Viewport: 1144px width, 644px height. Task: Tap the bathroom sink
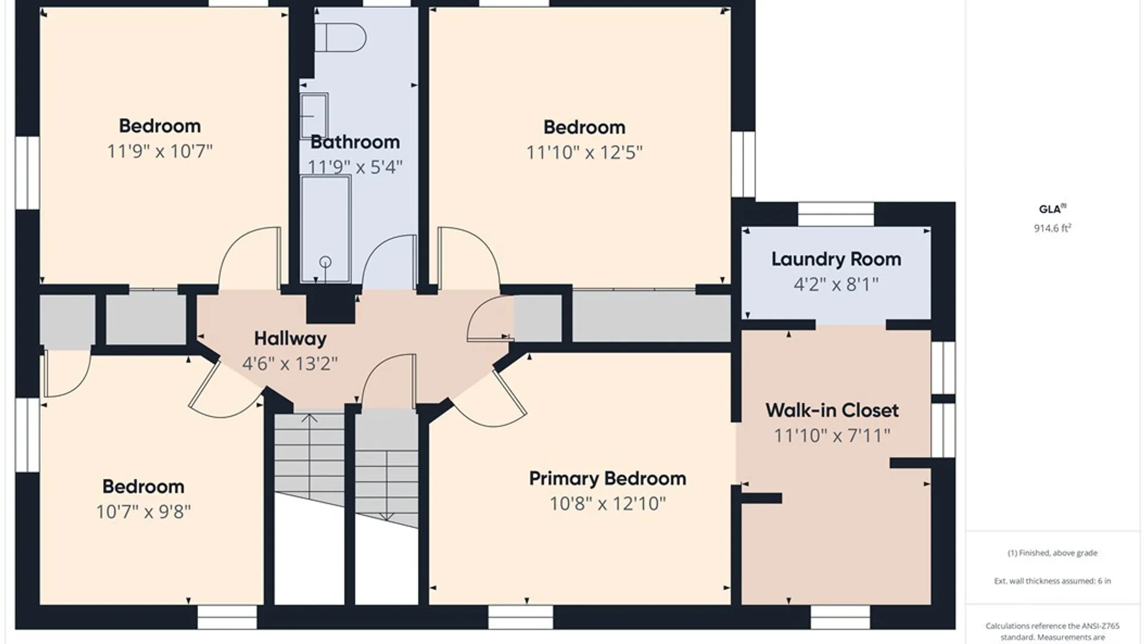coord(314,116)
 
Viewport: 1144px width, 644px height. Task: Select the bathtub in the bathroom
coord(325,228)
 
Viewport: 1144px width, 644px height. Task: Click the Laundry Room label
coord(836,259)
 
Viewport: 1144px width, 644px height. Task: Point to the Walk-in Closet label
coord(832,410)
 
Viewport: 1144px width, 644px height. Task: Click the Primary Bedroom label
coord(607,478)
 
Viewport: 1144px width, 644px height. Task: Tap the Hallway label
coord(290,339)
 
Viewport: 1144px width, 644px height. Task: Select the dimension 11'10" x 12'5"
coord(584,153)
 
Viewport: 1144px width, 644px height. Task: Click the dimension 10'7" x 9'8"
coord(143,512)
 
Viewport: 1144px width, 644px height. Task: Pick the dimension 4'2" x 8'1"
coord(836,284)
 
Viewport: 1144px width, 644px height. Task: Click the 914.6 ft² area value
coord(1052,228)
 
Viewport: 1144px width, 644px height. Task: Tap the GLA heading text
coord(1050,209)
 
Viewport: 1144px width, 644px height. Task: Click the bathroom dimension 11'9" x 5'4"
coord(355,167)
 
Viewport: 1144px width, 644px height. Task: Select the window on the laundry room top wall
coord(836,214)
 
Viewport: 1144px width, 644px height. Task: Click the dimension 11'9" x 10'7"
coord(160,151)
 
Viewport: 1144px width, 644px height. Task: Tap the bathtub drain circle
coord(325,262)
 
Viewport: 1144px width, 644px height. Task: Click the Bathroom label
coord(355,142)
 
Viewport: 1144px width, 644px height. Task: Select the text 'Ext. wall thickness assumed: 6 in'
coord(1052,581)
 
